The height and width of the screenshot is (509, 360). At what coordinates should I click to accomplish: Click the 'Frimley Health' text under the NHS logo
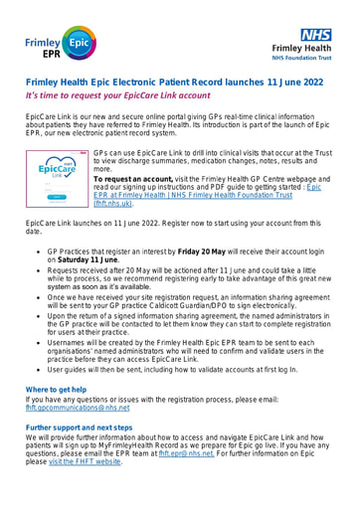[x=314, y=48]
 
